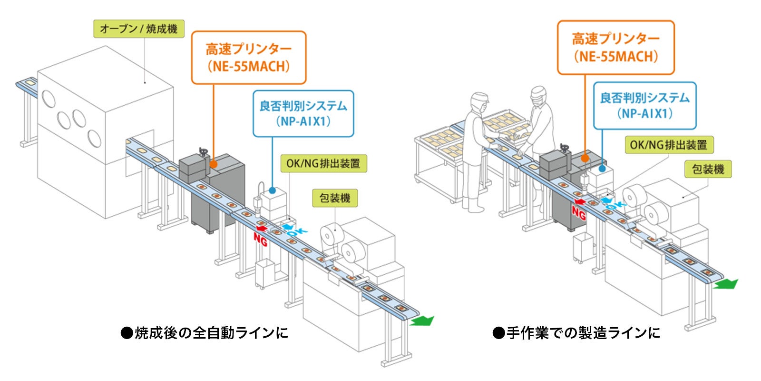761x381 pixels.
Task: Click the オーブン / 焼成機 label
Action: [139, 29]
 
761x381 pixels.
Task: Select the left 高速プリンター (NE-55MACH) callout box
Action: [248, 58]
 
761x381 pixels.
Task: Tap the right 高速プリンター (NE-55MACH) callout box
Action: [615, 47]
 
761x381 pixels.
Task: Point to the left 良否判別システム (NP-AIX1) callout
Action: [303, 113]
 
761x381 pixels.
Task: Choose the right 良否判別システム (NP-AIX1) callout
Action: [644, 105]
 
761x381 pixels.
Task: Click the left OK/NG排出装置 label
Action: [323, 163]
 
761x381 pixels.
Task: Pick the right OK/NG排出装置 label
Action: [668, 145]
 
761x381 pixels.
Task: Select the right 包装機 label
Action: [708, 169]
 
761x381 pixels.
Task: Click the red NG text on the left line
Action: [261, 240]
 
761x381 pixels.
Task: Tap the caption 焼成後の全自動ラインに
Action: [205, 332]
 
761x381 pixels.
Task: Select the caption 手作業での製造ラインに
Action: [576, 332]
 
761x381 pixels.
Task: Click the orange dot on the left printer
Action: [214, 164]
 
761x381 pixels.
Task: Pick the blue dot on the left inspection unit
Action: [273, 190]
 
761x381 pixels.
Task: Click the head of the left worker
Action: [479, 100]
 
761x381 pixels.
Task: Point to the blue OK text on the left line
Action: [296, 231]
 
